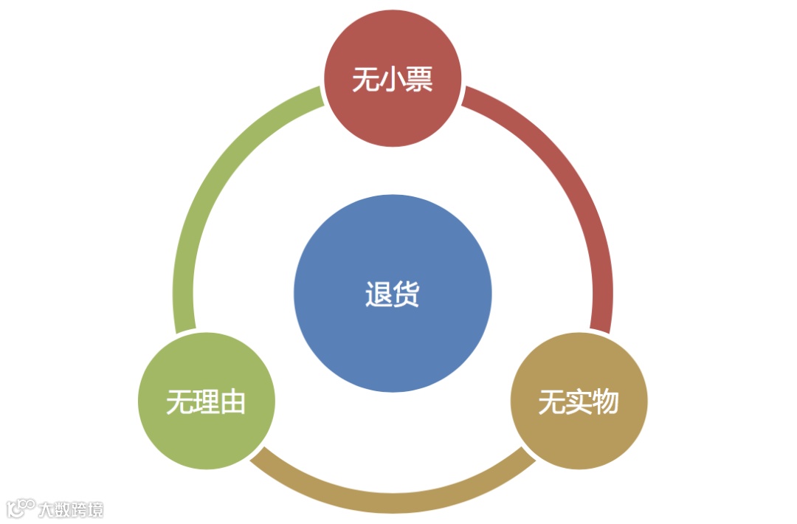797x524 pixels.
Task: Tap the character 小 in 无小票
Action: [x=393, y=80]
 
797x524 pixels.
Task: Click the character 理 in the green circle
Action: [x=206, y=403]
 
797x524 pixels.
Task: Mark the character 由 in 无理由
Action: [x=232, y=403]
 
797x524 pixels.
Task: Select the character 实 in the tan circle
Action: [x=579, y=403]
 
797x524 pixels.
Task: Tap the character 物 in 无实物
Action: [x=605, y=403]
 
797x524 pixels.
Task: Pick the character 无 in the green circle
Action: [x=179, y=403]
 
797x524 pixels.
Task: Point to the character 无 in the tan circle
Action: [x=552, y=403]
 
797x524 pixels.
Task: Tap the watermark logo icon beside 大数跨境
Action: [x=21, y=508]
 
